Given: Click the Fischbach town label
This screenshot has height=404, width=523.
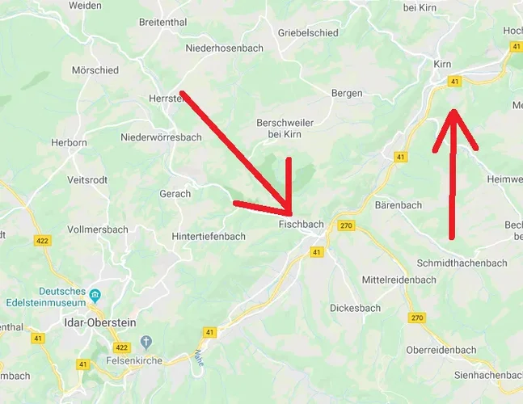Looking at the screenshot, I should coord(301,223).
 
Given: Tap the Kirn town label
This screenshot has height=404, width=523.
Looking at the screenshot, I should coord(442,64).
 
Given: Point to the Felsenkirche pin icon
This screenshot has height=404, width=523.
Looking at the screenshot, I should coord(146,343).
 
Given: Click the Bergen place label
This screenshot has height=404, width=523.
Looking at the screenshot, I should coord(347,94).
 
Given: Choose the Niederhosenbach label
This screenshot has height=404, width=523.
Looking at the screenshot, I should coord(224,48).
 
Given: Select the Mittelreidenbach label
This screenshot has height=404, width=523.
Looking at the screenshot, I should coord(399,280).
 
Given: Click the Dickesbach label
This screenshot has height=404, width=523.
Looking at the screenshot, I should coord(355,308).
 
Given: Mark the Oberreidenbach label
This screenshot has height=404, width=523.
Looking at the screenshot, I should coord(441,350).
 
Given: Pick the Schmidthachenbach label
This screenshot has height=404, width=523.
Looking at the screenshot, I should coord(462,263).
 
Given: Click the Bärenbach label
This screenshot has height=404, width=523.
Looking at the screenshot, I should coord(398,205).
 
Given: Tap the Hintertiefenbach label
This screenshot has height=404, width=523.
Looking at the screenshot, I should coord(208,237).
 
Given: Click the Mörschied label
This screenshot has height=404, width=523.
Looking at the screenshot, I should coord(95,70).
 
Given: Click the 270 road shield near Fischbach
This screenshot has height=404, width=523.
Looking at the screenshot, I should coord(347,225).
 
